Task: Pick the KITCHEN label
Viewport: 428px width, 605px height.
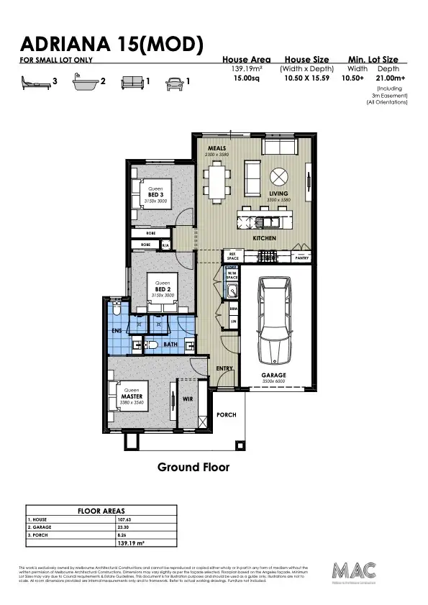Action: coord(264,237)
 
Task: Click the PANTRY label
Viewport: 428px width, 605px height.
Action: coord(302,257)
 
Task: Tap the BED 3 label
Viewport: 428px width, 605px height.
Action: coord(155,195)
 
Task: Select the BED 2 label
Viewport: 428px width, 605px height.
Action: coord(162,288)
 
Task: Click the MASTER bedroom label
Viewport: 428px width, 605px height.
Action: coord(131,396)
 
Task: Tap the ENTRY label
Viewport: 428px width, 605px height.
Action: coord(224,368)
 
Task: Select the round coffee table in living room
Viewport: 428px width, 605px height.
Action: coord(278,176)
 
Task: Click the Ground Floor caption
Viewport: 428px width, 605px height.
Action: coord(193,467)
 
